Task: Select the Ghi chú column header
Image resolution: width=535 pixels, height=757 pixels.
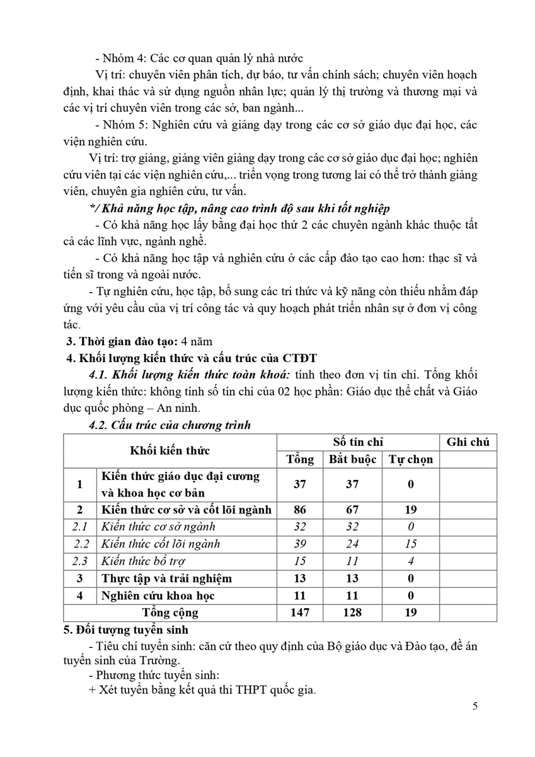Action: pos(468,442)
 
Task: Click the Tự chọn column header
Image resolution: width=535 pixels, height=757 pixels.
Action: pos(410,459)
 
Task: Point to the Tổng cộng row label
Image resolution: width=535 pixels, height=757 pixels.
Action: pos(170,613)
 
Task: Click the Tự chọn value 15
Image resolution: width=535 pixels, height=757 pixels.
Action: pos(410,544)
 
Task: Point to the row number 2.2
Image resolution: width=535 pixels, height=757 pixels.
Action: pos(80,544)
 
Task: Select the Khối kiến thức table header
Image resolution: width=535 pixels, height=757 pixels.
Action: pos(170,450)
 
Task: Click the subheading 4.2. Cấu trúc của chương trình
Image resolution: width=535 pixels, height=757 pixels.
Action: pos(170,425)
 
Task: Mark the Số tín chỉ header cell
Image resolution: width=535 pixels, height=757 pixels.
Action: pos(358,442)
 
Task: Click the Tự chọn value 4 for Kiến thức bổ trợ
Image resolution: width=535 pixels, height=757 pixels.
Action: pos(410,561)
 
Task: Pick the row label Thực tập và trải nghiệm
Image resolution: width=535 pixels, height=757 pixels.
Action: pos(166,578)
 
